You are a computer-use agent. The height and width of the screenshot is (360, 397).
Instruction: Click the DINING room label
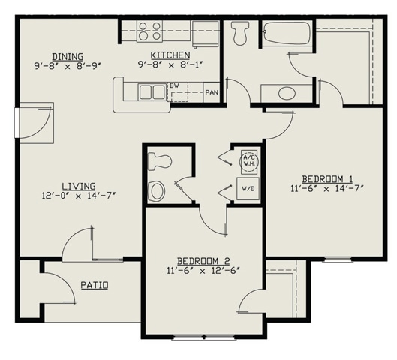tap(67, 56)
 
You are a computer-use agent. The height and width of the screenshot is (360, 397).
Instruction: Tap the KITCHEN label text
tap(170, 56)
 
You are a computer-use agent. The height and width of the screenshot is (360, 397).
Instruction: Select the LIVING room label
tap(77, 186)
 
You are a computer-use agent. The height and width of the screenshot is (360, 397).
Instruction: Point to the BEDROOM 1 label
tap(327, 178)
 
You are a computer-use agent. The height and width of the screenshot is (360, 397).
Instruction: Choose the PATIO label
tap(94, 285)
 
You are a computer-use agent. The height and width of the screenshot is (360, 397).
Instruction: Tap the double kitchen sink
tap(152, 92)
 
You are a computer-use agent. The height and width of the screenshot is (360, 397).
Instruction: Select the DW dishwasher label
tap(173, 85)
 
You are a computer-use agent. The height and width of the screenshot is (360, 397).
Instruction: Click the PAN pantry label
tap(212, 92)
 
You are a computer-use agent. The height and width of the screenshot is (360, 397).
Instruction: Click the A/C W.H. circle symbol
tap(248, 160)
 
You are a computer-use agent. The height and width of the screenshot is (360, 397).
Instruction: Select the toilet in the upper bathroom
tap(240, 33)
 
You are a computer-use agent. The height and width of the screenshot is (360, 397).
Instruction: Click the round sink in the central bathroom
tap(156, 190)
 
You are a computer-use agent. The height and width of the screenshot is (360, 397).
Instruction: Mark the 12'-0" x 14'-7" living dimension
tap(78, 196)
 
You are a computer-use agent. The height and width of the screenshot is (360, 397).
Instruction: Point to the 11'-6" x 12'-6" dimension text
tap(204, 269)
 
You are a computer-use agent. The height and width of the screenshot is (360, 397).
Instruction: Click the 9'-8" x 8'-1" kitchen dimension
tap(170, 65)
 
